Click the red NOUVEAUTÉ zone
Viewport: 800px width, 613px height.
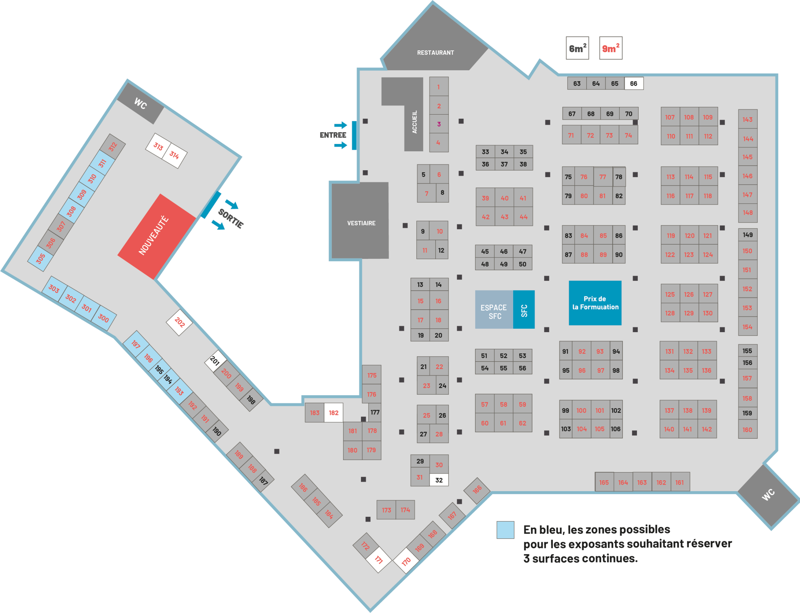[157, 237]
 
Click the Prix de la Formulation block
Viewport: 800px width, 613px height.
[595, 303]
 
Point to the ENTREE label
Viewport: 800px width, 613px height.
[333, 135]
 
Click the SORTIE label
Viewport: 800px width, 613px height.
[231, 218]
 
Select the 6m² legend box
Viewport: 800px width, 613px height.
[577, 48]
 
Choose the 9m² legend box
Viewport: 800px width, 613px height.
[611, 48]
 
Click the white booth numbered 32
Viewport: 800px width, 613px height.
[439, 480]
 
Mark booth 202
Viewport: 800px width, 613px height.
[179, 322]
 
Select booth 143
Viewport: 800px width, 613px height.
[747, 119]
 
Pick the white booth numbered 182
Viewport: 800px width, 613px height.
[333, 413]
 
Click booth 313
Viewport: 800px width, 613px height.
[158, 146]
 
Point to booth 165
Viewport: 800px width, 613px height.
[604, 482]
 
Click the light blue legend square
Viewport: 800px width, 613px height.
[505, 530]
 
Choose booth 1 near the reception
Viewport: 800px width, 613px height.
[439, 87]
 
